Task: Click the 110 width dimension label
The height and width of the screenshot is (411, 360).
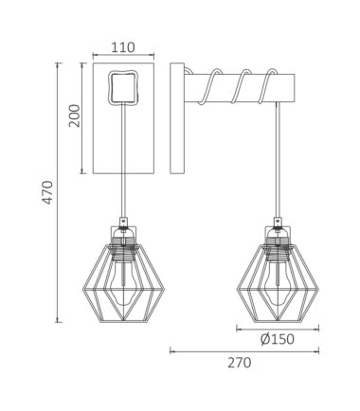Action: [123, 47]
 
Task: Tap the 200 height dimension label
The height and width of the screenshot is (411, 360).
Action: [75, 116]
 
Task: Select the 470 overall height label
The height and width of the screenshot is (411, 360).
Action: [47, 192]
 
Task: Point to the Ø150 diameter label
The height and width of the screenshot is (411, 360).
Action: [278, 339]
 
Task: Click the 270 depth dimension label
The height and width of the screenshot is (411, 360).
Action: [240, 363]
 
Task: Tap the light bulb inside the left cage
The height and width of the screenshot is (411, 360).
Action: [124, 281]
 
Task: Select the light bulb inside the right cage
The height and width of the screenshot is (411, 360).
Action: [278, 282]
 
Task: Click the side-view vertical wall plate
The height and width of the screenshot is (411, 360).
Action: [177, 118]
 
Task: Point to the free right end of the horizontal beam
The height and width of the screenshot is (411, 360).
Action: [295, 88]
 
